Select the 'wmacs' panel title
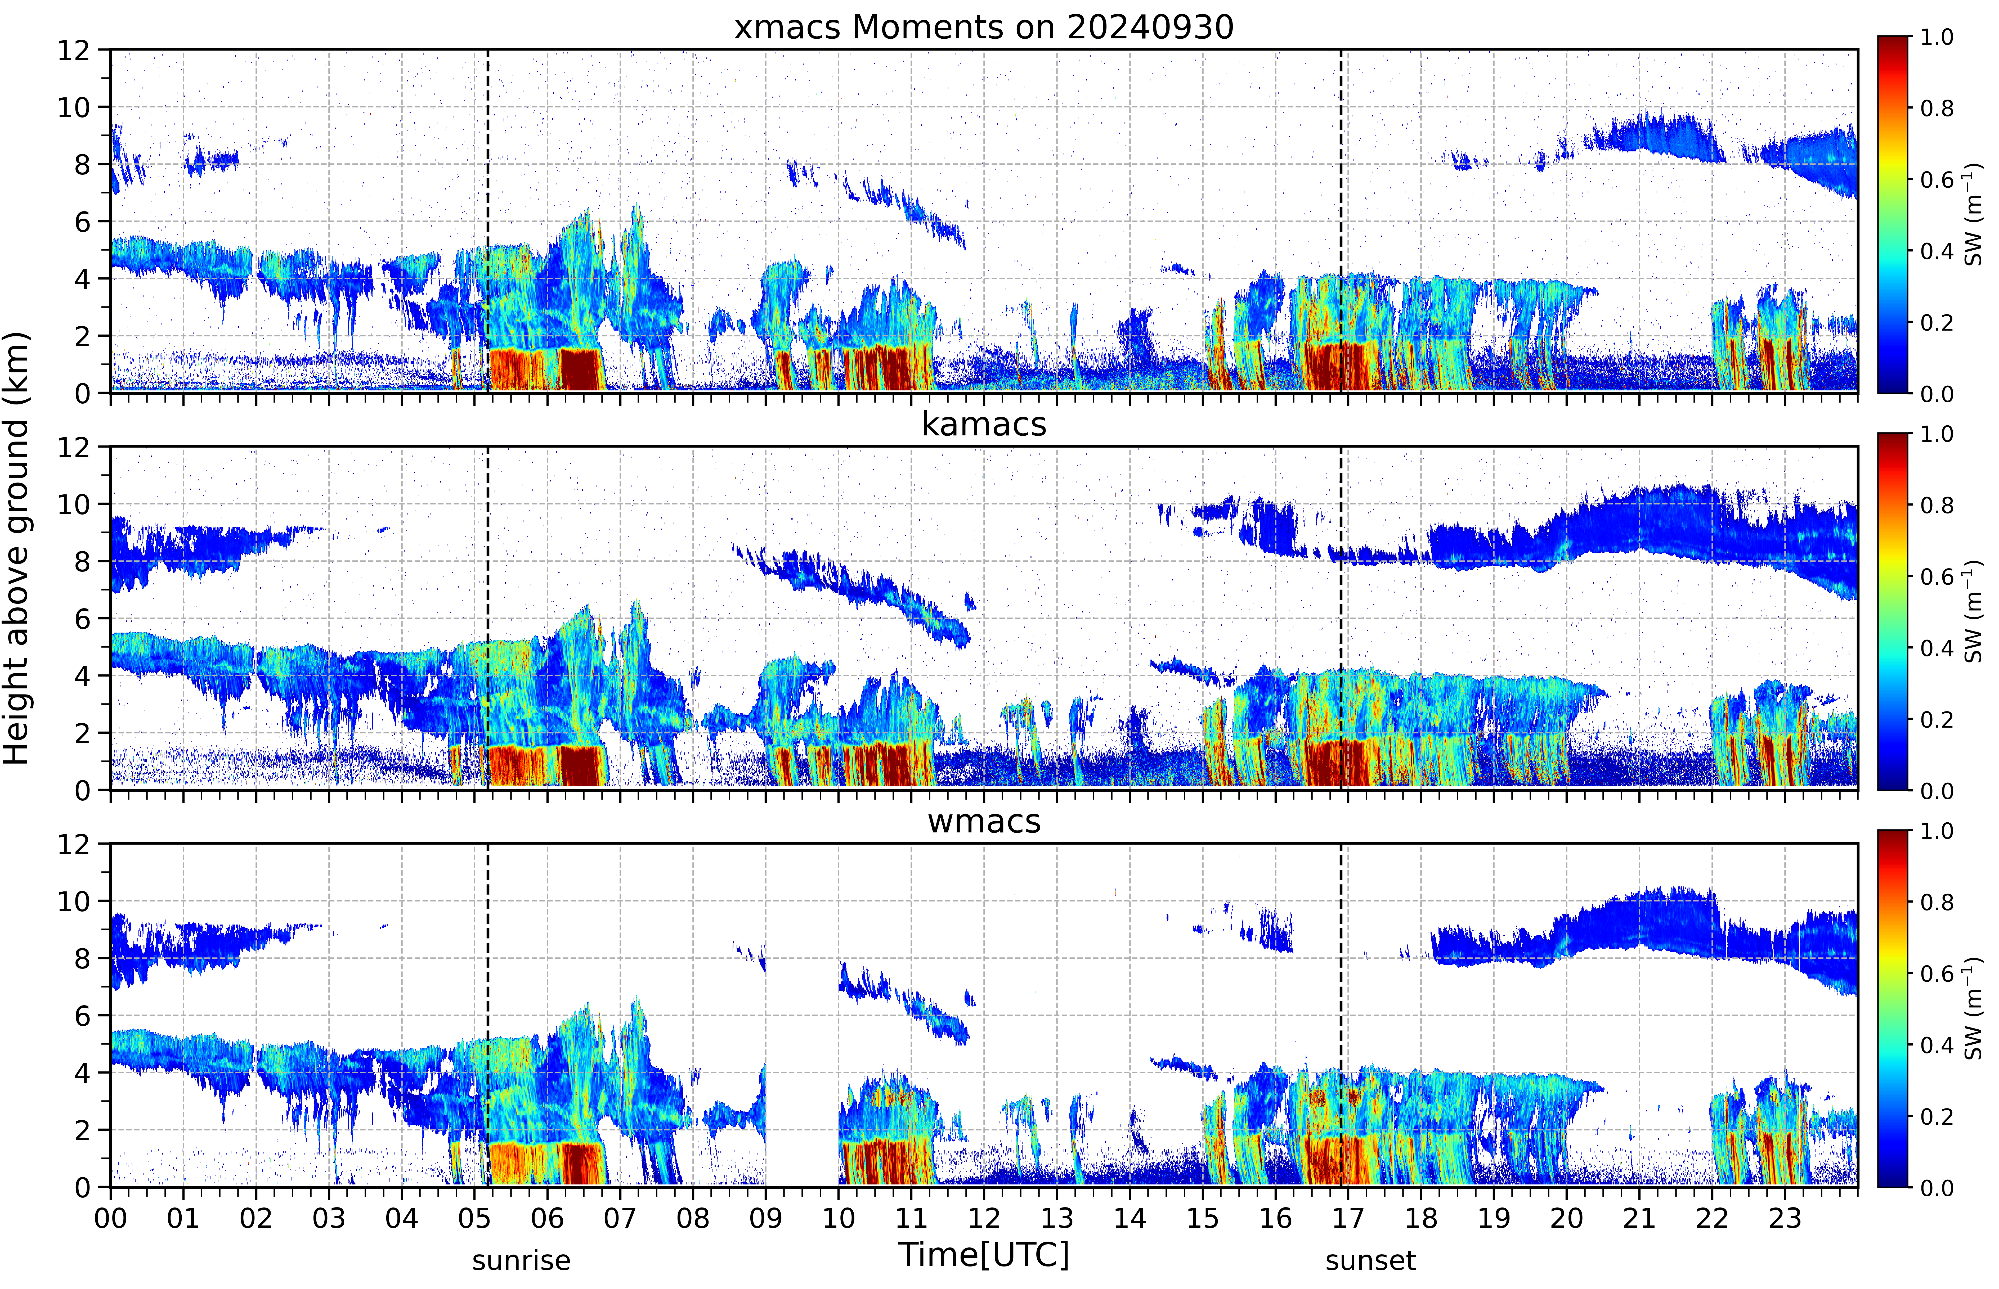[984, 821]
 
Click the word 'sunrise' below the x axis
[521, 1260]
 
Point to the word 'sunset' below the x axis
[1370, 1260]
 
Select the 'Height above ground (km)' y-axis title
[17, 548]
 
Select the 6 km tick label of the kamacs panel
[82, 619]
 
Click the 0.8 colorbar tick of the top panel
[1936, 108]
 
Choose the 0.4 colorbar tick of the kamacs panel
[1936, 648]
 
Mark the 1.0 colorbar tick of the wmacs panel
[1936, 831]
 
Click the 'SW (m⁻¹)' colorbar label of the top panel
[1973, 214]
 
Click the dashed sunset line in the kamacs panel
[1341, 618]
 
